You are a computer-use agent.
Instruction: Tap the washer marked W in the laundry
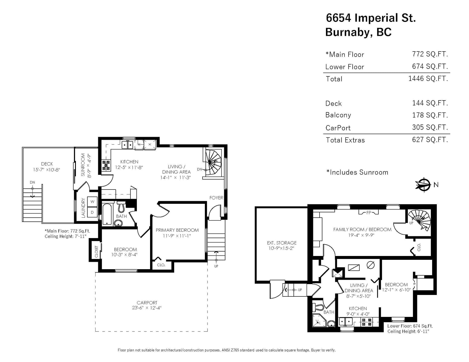92,202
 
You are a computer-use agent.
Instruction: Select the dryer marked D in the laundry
92,212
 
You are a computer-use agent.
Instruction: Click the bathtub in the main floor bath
107,214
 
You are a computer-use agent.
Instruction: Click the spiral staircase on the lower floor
419,221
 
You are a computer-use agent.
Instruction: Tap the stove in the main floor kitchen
106,165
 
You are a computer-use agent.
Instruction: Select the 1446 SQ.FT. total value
428,78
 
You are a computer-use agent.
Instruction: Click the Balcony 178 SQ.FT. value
430,115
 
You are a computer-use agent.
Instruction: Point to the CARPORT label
147,303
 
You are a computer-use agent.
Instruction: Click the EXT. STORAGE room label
282,243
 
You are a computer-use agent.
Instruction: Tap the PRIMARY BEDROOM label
177,230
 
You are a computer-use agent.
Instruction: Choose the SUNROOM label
83,165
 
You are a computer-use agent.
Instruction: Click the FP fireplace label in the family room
369,213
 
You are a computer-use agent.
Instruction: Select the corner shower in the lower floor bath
319,322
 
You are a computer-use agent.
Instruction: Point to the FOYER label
216,198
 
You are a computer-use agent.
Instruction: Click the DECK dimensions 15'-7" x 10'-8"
46,170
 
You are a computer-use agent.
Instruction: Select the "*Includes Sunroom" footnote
357,172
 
